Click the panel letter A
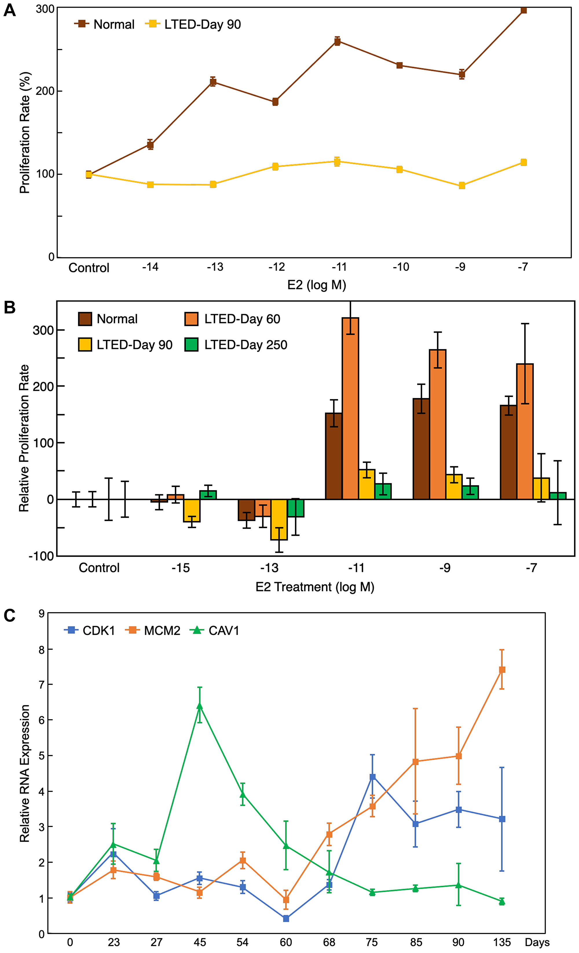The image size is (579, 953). [x=9, y=10]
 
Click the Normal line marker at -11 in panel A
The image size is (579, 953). [x=337, y=41]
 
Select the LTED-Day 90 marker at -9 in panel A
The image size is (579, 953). [x=461, y=186]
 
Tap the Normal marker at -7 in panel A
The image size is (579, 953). [x=524, y=10]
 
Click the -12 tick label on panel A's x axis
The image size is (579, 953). [x=277, y=267]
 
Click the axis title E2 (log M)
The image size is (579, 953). [x=316, y=285]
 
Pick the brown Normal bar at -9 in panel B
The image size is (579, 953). [x=421, y=449]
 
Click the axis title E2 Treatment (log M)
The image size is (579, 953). [x=315, y=587]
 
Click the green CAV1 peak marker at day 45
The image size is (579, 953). [x=200, y=706]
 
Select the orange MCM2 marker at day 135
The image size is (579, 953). [x=502, y=670]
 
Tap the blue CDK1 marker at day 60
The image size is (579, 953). [x=286, y=919]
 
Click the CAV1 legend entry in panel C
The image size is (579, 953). [x=215, y=631]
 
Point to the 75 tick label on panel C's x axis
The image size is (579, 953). [x=372, y=942]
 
